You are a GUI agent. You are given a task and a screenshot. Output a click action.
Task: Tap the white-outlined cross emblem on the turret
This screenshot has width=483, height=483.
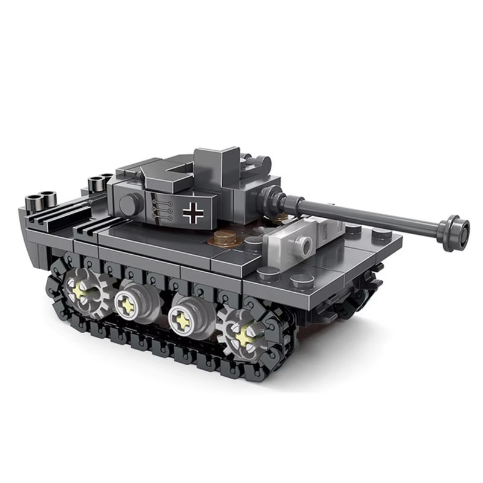tap(193, 212)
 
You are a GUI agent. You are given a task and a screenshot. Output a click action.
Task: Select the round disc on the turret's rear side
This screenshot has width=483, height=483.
tap(129, 206)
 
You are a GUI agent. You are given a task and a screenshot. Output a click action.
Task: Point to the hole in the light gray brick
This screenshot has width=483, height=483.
tap(303, 245)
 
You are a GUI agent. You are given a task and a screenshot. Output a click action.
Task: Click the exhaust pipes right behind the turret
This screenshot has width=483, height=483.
tap(97, 182)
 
